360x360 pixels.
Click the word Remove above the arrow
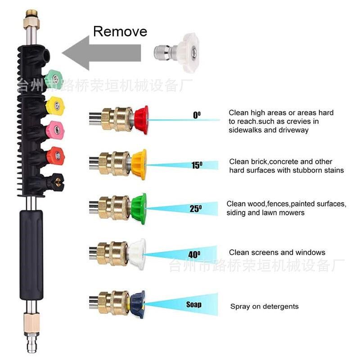click(x=120, y=31)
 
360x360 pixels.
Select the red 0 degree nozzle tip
click(x=141, y=119)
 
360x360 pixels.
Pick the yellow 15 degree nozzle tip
click(x=139, y=164)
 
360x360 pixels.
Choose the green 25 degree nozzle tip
click(x=139, y=209)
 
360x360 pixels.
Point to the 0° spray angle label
click(x=197, y=115)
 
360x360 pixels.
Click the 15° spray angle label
click(x=197, y=165)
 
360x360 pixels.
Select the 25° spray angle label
click(x=195, y=208)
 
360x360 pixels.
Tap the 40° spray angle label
click(x=194, y=254)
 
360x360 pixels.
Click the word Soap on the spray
click(x=194, y=305)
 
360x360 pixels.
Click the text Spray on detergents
click(x=264, y=306)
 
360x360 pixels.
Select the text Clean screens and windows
click(x=277, y=252)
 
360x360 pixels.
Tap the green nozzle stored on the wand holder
click(x=54, y=79)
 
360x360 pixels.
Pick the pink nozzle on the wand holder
click(x=55, y=131)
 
